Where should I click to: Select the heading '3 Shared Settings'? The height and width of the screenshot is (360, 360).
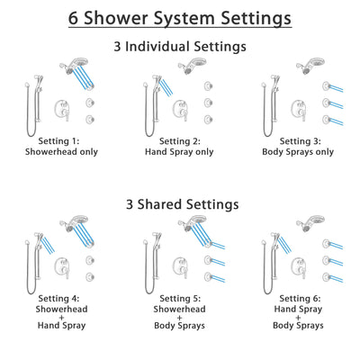[180, 203]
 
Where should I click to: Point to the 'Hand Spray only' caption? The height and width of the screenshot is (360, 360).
[180, 153]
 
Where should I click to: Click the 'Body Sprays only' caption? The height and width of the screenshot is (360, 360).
[301, 153]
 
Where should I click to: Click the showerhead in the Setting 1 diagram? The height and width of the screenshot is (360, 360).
[70, 67]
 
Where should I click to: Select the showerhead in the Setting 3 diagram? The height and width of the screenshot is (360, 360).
[311, 67]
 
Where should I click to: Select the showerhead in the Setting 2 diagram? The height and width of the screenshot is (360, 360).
[191, 67]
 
